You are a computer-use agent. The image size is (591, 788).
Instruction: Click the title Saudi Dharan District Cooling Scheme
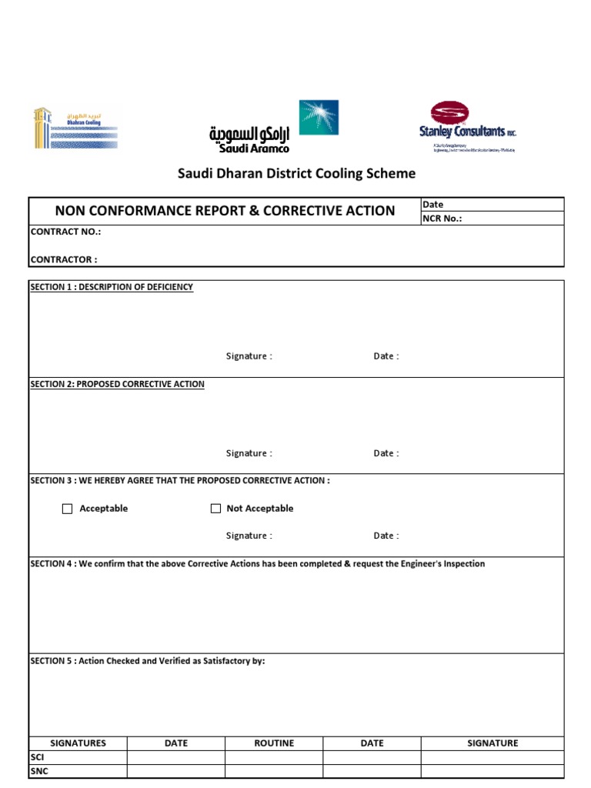pyautogui.click(x=297, y=174)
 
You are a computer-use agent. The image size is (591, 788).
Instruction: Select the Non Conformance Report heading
pyautogui.click(x=225, y=211)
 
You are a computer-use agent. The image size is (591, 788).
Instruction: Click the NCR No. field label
pyautogui.click(x=442, y=219)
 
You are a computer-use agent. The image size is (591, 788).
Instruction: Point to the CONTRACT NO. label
pyautogui.click(x=65, y=232)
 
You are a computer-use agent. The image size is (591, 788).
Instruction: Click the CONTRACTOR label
pyautogui.click(x=64, y=260)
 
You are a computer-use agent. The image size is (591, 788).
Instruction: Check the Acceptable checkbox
pyautogui.click(x=68, y=509)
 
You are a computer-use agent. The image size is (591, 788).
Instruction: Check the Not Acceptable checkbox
pyautogui.click(x=216, y=509)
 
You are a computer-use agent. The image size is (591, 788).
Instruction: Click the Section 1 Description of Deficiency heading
pyautogui.click(x=112, y=287)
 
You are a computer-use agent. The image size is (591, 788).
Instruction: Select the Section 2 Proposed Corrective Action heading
pyautogui.click(x=117, y=384)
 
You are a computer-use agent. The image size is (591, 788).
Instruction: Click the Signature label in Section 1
pyautogui.click(x=249, y=356)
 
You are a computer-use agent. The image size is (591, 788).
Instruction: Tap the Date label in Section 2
pyautogui.click(x=386, y=453)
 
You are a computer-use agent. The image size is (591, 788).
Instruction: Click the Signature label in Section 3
pyautogui.click(x=249, y=536)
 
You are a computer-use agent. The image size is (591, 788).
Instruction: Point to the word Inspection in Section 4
pyautogui.click(x=462, y=564)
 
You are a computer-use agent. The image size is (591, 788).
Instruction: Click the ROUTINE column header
pyautogui.click(x=274, y=743)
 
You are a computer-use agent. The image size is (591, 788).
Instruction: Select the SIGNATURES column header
pyautogui.click(x=78, y=743)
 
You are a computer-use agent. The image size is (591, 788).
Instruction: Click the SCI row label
pyautogui.click(x=37, y=757)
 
